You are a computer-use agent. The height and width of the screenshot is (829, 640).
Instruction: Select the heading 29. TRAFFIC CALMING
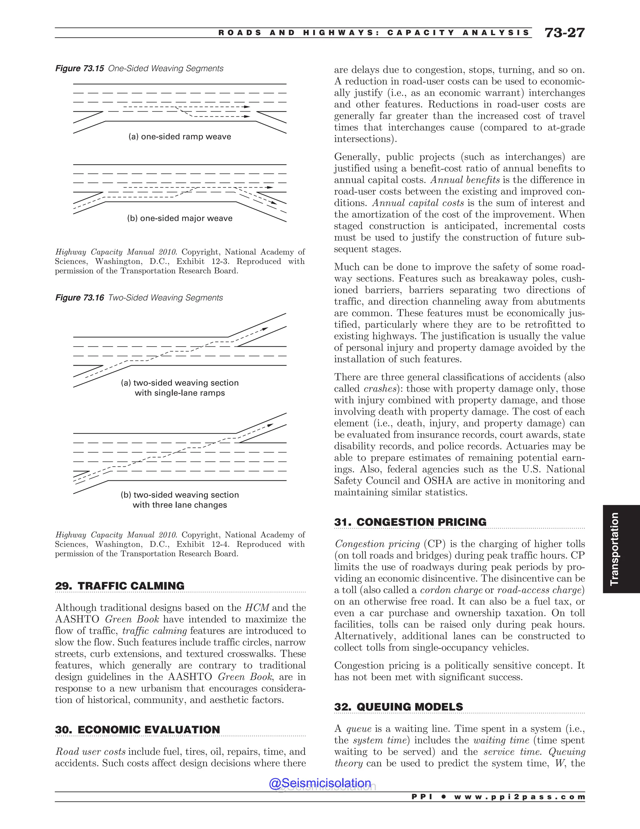coord(120,586)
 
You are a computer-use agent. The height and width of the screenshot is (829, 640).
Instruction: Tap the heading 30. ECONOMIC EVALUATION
coord(137,730)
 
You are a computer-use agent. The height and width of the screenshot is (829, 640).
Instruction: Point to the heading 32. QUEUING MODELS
coord(398,707)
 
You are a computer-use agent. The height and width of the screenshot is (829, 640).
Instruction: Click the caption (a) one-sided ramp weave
coord(180,137)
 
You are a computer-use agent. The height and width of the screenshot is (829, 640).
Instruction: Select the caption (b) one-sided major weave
coord(180,218)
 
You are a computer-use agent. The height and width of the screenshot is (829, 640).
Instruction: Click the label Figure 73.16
coord(80,298)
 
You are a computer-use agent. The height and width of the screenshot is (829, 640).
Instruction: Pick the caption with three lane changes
coord(180,505)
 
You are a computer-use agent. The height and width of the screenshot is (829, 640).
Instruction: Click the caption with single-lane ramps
coord(180,393)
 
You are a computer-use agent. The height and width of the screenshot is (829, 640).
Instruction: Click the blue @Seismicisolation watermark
coord(320,783)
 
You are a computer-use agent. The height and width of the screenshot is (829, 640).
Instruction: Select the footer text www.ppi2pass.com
coord(519,797)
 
